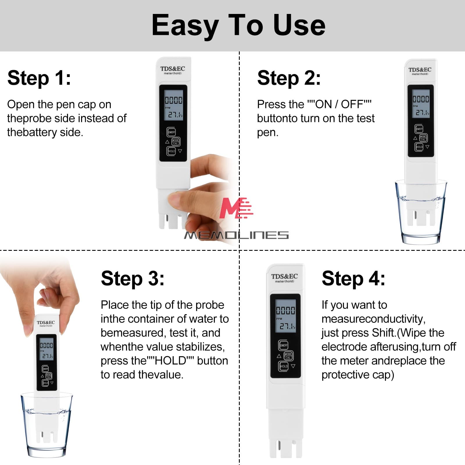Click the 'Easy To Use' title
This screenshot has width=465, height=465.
pos(238,26)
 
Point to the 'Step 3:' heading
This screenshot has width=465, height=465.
pos(133,278)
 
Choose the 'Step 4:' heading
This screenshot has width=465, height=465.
pos(353,278)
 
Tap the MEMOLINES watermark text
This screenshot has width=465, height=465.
pos(236,235)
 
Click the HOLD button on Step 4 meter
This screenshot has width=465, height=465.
pos(284,366)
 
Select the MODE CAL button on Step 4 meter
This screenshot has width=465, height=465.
pos(288,356)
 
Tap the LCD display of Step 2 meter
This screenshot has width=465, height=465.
pos(421,105)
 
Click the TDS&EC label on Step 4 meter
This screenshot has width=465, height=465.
pos(284,276)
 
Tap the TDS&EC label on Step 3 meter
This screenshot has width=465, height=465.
pos(46,323)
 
